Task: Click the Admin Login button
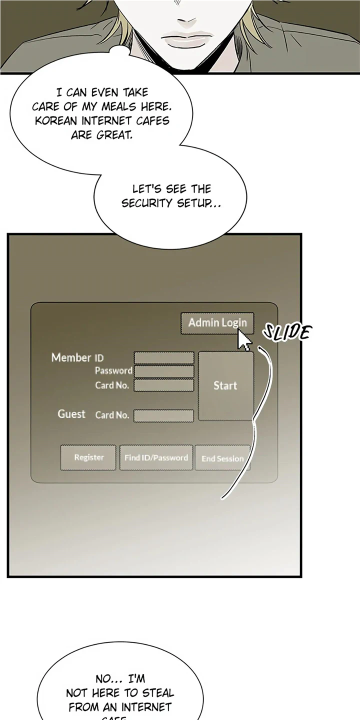(217, 323)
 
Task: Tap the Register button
(88, 457)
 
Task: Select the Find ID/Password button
(156, 457)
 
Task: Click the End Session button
(222, 458)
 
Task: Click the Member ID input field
(164, 358)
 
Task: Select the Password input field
(164, 371)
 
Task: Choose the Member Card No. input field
(164, 385)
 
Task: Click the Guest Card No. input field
(163, 415)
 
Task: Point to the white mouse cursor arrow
(243, 340)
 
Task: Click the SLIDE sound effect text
(287, 332)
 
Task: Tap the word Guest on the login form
(71, 414)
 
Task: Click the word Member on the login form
(71, 357)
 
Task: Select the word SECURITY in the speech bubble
(147, 203)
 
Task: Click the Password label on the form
(113, 371)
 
